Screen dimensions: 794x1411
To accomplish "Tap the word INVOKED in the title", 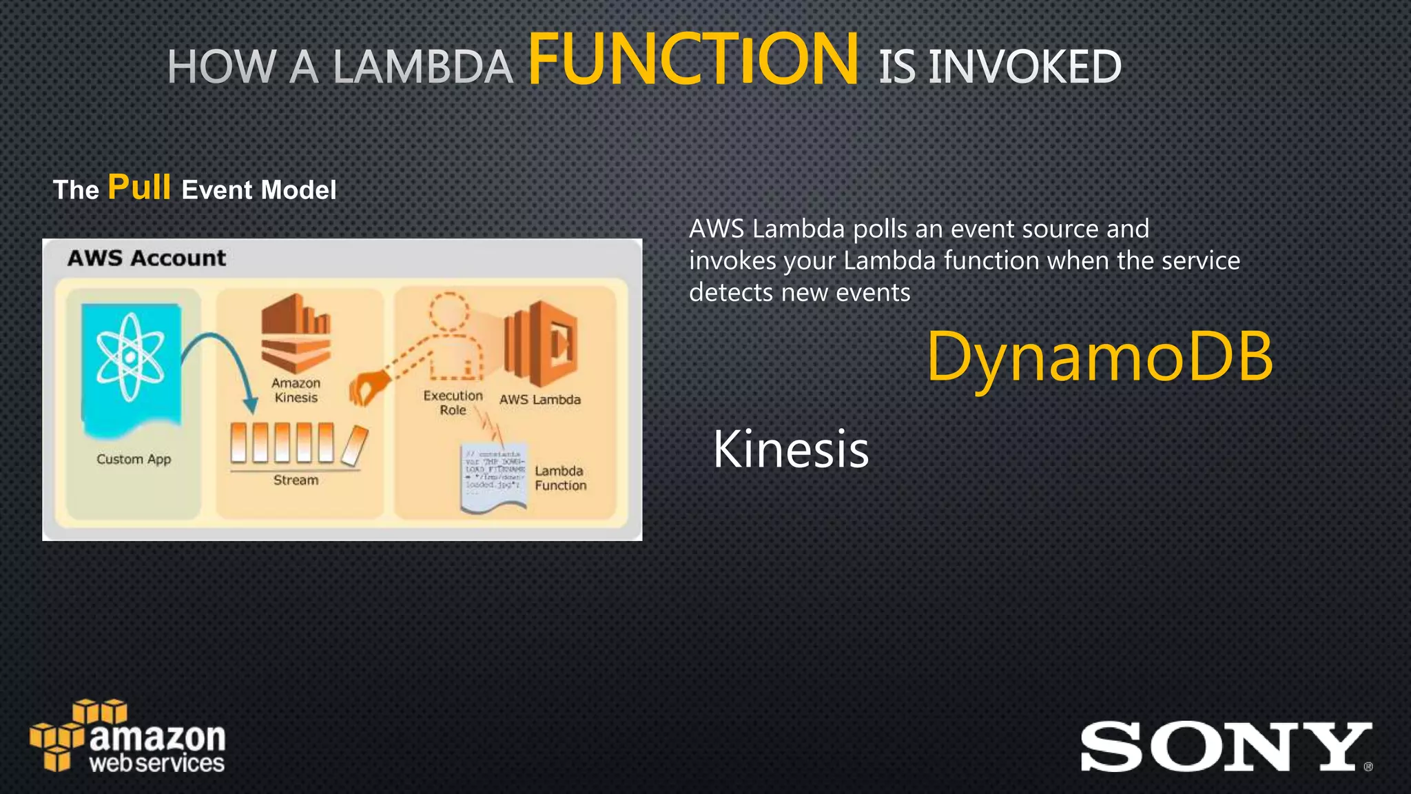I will tap(1025, 68).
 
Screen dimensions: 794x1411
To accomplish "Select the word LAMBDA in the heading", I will tap(422, 68).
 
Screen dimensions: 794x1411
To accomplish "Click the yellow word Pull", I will tap(139, 187).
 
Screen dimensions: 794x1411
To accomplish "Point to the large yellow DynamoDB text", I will tap(1100, 357).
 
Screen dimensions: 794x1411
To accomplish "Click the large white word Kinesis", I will tap(791, 449).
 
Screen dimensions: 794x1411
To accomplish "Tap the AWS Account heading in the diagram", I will tap(146, 258).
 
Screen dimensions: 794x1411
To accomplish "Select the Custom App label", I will tap(134, 459).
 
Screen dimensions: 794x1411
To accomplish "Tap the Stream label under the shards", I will tap(296, 480).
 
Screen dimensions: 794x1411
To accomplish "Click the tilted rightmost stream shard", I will tap(354, 445).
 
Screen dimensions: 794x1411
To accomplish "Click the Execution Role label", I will tap(453, 403).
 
